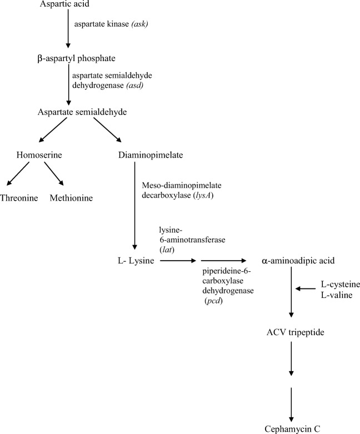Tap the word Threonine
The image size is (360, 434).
coord(20,198)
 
